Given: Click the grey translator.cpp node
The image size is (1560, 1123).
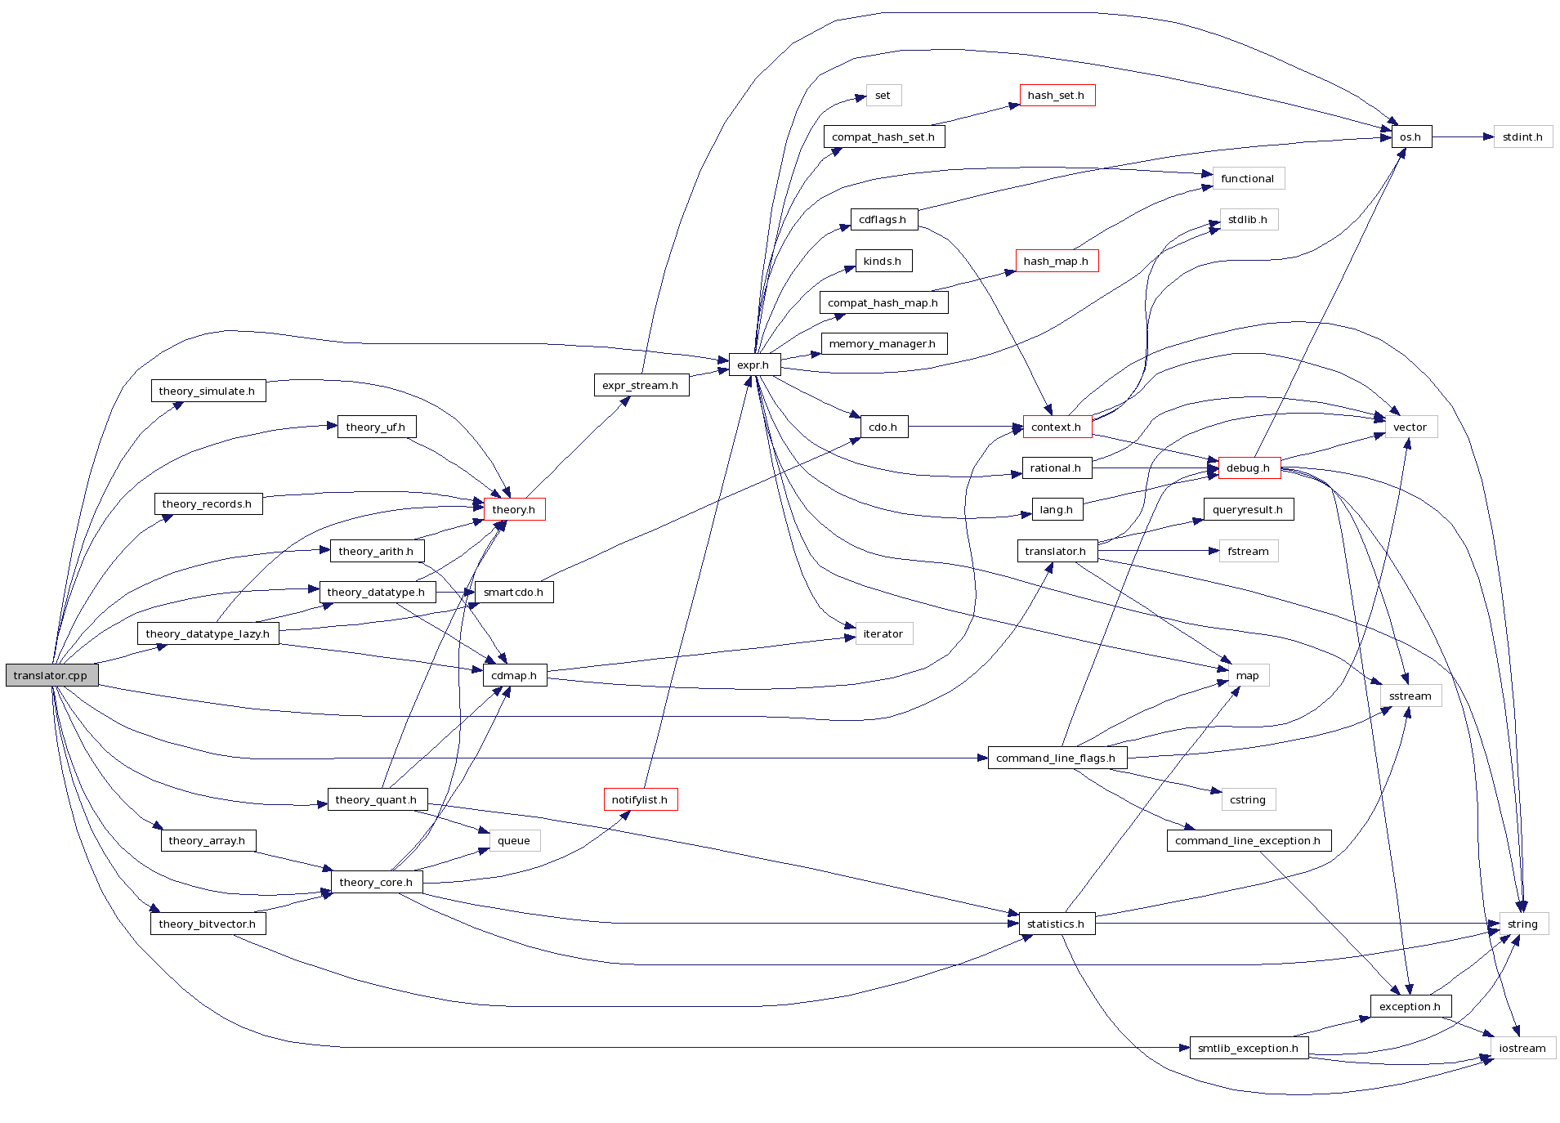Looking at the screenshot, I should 51,675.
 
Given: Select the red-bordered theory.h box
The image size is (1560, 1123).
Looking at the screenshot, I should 514,509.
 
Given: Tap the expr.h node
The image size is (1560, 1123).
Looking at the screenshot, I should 753,365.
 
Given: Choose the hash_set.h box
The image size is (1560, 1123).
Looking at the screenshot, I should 1057,96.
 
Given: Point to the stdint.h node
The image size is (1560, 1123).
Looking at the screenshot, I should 1522,136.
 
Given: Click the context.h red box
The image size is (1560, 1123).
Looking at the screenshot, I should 1057,427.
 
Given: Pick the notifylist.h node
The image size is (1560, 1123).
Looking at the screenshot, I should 640,799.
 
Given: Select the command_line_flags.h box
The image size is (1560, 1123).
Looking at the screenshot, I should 1057,758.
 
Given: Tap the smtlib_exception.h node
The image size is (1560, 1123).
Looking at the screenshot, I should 1248,1048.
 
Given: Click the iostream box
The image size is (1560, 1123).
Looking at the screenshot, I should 1522,1048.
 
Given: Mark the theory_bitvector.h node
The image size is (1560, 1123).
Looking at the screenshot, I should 208,924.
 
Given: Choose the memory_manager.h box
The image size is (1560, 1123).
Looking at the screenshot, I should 883,343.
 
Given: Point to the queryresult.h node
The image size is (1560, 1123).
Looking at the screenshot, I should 1248,509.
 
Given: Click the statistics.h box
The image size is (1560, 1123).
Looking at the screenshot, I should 1057,924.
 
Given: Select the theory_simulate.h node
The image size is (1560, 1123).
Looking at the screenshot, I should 208,391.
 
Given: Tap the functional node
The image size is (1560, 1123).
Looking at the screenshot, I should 1248,178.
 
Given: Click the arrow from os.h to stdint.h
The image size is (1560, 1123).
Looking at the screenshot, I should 1463,136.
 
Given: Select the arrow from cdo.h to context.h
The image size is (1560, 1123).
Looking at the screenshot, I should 964,427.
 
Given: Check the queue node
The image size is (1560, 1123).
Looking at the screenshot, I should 514,840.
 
